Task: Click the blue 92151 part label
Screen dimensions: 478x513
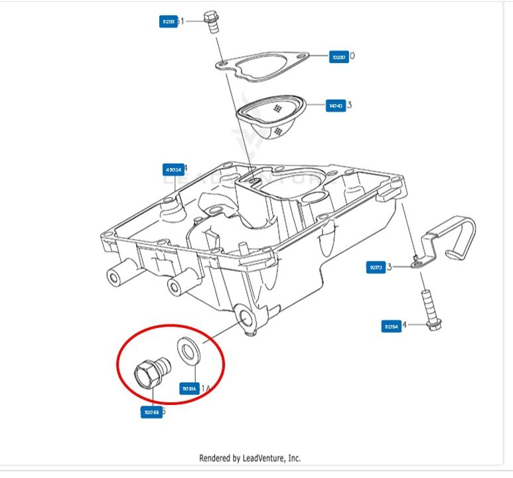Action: coord(169,22)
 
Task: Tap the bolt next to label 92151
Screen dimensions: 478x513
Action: coord(212,22)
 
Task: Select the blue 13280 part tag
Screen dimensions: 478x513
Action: coord(338,57)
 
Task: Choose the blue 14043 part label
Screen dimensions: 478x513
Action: coord(336,105)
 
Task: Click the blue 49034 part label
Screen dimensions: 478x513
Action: coord(173,169)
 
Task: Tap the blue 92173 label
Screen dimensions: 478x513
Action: coord(376,268)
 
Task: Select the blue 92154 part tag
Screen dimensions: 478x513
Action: coord(391,326)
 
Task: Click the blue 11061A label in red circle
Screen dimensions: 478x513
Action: coord(190,388)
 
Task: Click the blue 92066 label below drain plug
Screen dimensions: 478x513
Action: coord(151,412)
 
